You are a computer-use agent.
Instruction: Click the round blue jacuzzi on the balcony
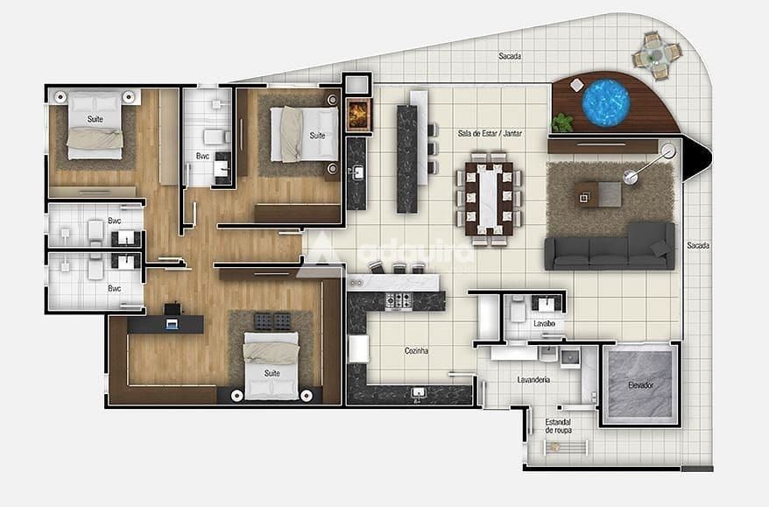[605, 102]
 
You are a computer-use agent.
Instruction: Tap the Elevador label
[640, 385]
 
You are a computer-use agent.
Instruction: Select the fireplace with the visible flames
[358, 115]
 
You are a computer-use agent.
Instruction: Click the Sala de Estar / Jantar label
[490, 133]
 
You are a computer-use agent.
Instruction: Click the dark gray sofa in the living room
[610, 248]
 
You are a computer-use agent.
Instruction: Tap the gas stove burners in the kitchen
[398, 301]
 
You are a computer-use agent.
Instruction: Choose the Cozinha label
[416, 350]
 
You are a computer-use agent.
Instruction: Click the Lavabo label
[545, 324]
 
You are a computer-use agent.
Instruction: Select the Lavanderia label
[533, 379]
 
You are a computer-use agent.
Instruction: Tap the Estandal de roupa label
[558, 426]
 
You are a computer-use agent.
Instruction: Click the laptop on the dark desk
[171, 324]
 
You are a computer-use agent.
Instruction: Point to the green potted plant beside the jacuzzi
[562, 123]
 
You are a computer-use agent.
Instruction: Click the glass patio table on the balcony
[656, 54]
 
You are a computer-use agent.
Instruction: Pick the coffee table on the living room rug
[598, 194]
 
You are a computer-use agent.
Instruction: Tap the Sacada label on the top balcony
[510, 56]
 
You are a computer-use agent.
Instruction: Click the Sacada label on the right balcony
[698, 245]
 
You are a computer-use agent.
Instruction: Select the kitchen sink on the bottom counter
[418, 393]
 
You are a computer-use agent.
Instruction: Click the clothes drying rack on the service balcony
[566, 447]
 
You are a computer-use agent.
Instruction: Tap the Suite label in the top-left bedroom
[95, 119]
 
